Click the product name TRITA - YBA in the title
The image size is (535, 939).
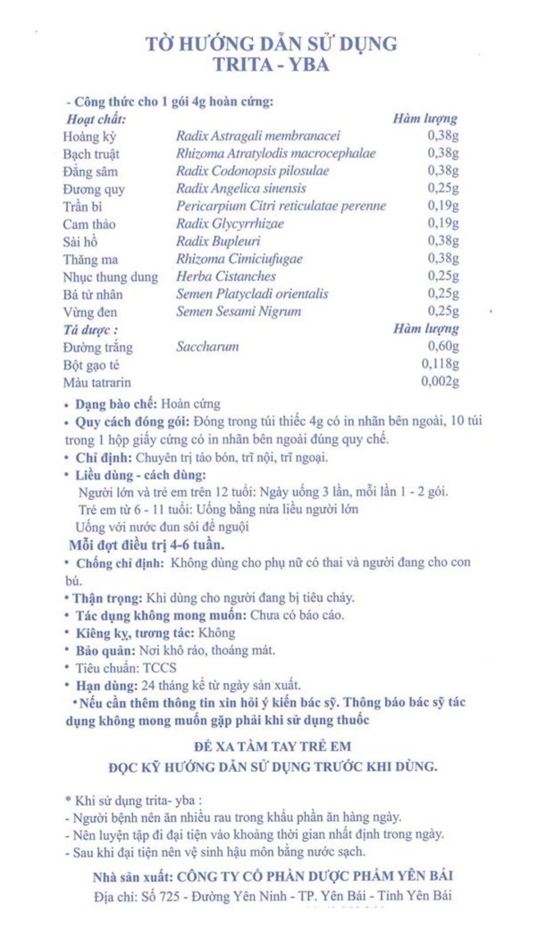[271, 65]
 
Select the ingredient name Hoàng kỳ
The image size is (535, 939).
[89, 136]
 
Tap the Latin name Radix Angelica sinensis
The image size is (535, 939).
[241, 188]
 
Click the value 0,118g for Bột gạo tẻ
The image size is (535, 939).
[440, 364]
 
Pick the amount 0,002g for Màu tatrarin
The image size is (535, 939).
[440, 381]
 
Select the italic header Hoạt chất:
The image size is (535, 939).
[96, 119]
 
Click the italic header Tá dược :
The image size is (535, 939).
[91, 329]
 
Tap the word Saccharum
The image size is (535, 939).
[208, 346]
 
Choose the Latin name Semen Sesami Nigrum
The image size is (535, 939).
[238, 311]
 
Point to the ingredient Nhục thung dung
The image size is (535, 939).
[110, 276]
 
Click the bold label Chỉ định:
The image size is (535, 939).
[104, 457]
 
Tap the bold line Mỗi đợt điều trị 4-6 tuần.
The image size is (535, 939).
[146, 545]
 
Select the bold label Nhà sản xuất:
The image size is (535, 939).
[133, 877]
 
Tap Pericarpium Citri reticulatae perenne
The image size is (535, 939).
[281, 206]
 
